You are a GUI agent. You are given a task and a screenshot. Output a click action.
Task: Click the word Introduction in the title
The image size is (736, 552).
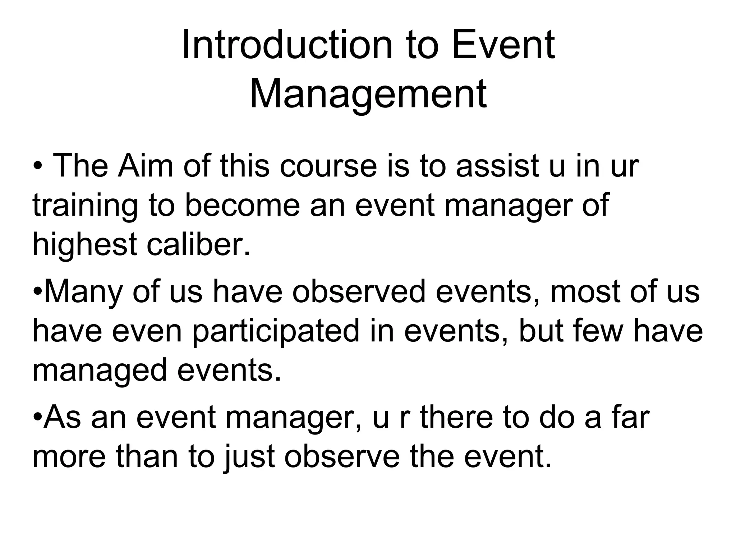pyautogui.click(x=287, y=46)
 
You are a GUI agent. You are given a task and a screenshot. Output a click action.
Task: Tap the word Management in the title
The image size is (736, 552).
pyautogui.click(x=368, y=94)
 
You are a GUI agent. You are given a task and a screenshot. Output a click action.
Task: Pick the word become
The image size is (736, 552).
pyautogui.click(x=242, y=206)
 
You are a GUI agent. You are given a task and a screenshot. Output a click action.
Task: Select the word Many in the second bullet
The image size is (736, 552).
pyautogui.click(x=83, y=292)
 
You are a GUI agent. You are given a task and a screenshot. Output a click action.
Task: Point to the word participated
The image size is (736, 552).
pyautogui.click(x=276, y=331)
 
